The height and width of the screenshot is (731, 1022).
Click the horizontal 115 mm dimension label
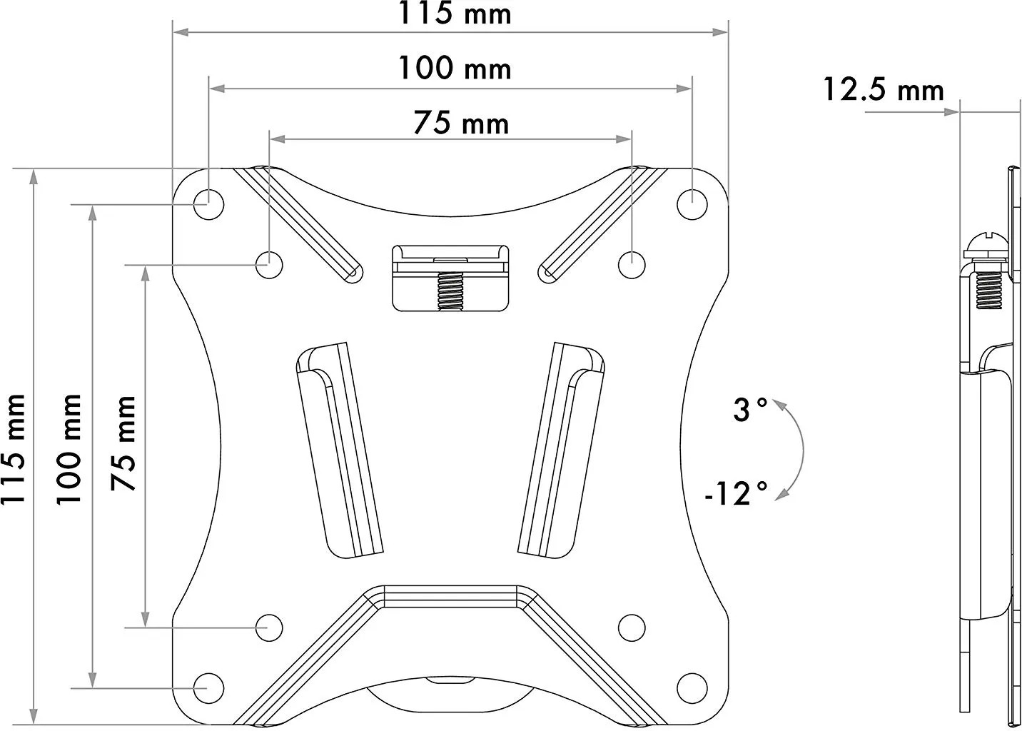tap(455, 13)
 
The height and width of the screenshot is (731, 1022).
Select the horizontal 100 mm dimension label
tap(455, 68)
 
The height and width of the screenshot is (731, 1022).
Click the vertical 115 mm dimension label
tap(13, 450)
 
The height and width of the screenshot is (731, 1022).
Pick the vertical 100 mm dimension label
tap(69, 450)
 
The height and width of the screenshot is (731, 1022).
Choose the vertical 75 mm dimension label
tap(123, 443)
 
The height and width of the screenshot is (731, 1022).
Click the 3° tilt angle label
tap(750, 409)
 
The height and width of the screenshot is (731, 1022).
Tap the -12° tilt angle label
tap(737, 493)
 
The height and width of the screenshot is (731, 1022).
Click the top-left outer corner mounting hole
tap(208, 204)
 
